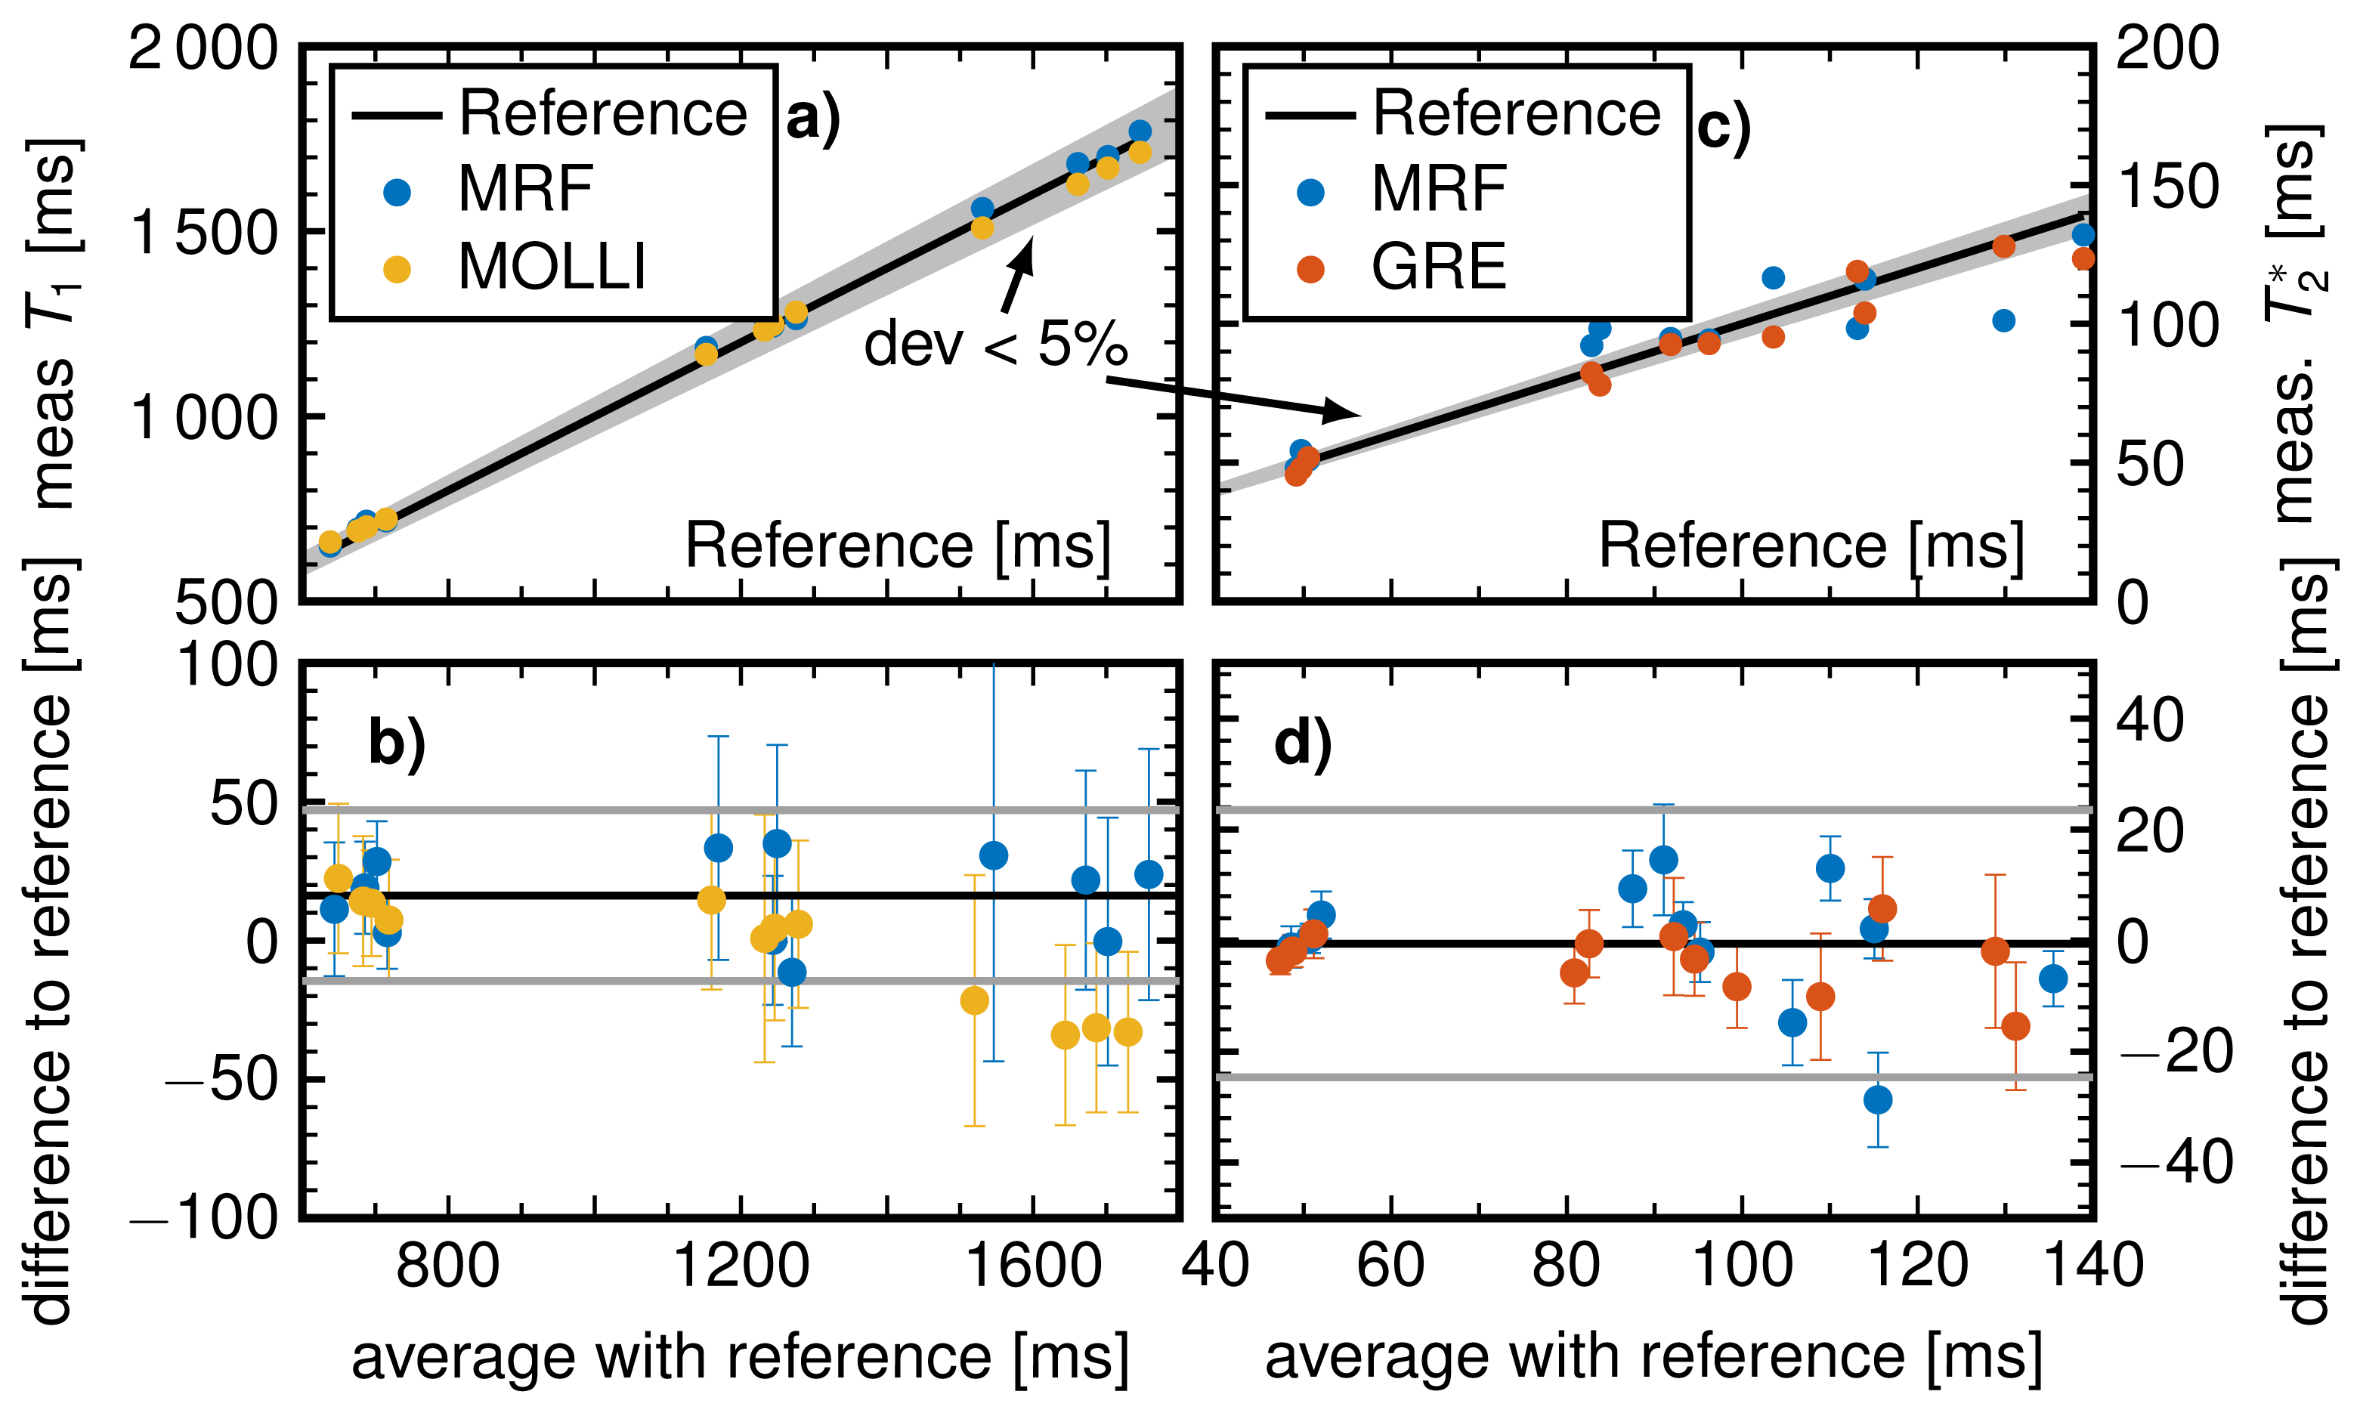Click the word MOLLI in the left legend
pos(552,266)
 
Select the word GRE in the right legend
pos(1439,266)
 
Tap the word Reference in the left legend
pos(602,113)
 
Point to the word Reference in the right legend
pos(1517,113)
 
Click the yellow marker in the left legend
pos(397,270)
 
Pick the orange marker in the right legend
pos(1311,270)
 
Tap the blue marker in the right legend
pos(1311,193)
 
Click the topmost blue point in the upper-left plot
pos(1140,131)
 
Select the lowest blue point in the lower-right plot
pos(1877,1099)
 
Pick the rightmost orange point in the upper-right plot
pos(2083,258)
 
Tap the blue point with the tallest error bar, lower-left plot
pos(993,855)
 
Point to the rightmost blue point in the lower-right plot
pos(2053,978)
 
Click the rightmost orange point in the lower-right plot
pos(2015,1025)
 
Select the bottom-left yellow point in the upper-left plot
pos(330,542)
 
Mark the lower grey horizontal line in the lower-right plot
pos(1653,1077)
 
